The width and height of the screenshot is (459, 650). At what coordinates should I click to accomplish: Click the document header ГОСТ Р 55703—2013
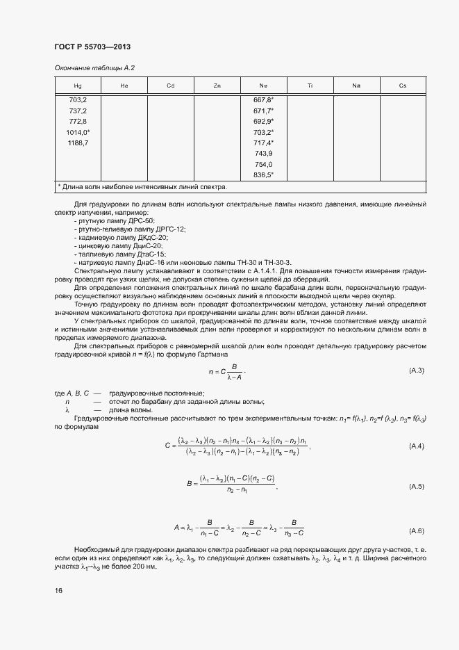pyautogui.click(x=92, y=47)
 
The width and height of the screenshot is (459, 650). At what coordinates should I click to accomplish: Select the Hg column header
pyautogui.click(x=78, y=86)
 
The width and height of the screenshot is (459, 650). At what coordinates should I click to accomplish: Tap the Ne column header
pyautogui.click(x=264, y=86)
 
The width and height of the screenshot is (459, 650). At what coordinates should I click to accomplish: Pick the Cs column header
pyautogui.click(x=403, y=86)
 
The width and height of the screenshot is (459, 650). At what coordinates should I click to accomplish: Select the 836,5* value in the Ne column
pyautogui.click(x=264, y=174)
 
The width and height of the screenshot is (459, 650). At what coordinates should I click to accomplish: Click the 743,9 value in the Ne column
pyautogui.click(x=264, y=153)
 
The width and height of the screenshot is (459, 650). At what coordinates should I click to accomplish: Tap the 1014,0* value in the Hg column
pyautogui.click(x=78, y=132)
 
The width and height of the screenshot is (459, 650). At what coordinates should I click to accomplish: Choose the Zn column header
pyautogui.click(x=217, y=86)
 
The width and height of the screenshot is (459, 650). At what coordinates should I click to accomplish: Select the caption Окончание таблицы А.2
pyautogui.click(x=94, y=67)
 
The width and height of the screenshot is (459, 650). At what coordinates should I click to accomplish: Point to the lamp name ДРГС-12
pyautogui.click(x=170, y=229)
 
